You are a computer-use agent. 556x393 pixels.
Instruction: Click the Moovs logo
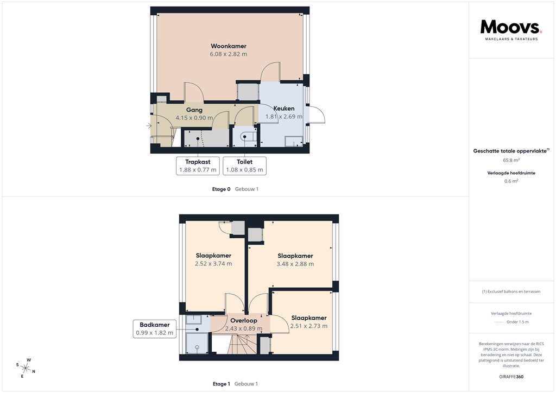511,28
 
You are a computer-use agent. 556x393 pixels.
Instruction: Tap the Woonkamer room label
228,46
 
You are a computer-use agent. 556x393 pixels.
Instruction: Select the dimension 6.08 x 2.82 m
228,54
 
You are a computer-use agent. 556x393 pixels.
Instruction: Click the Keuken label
283,109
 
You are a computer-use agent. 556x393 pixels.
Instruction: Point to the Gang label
194,110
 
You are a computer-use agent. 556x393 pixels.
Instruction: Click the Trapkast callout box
198,166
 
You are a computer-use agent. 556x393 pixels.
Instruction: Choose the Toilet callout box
244,166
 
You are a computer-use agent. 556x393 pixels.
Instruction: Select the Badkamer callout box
155,329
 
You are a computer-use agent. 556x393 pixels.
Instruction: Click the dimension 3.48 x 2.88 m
295,264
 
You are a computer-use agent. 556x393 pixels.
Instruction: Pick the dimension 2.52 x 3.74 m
213,264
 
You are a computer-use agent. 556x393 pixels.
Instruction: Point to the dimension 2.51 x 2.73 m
308,326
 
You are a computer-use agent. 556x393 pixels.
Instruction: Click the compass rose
26,367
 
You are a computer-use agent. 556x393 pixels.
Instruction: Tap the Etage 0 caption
221,189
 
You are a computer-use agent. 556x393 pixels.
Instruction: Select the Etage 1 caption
221,384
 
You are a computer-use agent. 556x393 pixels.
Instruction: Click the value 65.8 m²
510,161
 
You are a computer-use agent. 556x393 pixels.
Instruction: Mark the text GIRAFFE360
510,377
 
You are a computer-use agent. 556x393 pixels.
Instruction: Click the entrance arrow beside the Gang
149,126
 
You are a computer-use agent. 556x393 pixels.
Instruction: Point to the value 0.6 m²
510,181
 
